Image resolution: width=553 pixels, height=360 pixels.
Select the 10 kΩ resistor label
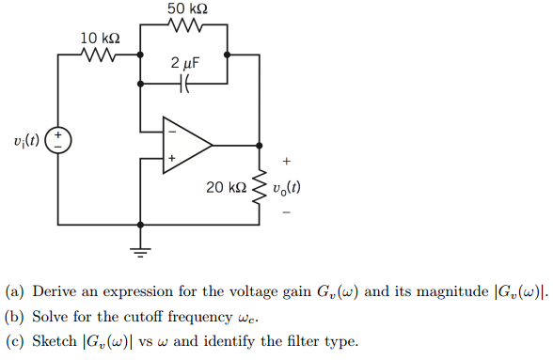[100, 38]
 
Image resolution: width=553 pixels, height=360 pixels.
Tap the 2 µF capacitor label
[185, 63]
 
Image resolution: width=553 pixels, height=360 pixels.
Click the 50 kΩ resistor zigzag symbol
[184, 25]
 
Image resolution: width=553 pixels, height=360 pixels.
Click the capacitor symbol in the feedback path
[184, 84]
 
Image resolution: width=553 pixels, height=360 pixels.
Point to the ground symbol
[141, 249]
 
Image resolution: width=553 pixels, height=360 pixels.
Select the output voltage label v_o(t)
[286, 188]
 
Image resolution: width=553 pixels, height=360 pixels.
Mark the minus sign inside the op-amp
[171, 133]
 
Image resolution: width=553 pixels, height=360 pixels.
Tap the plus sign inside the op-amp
[171, 159]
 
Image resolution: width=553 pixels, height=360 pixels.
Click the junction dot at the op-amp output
[260, 146]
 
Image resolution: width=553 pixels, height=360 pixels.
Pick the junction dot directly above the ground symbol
[141, 226]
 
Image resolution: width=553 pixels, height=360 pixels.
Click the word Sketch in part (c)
[53, 340]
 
